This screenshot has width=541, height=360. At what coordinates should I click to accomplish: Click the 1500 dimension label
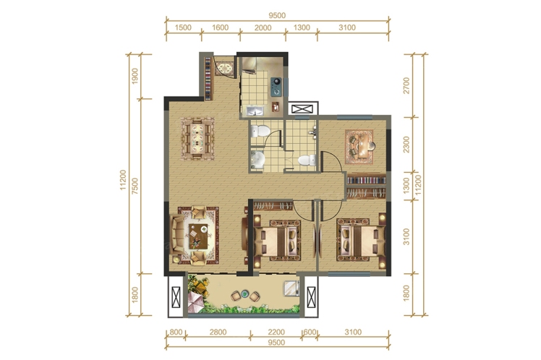(x=183, y=27)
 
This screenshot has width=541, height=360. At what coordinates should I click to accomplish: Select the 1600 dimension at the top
(x=220, y=27)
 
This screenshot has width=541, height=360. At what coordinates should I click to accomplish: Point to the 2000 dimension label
(x=263, y=27)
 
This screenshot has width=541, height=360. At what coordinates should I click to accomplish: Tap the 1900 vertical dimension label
(x=135, y=76)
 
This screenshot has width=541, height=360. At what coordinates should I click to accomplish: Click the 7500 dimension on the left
(x=135, y=186)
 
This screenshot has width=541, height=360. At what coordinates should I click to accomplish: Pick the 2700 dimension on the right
(x=406, y=85)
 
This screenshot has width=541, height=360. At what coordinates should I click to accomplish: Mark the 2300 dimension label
(x=406, y=145)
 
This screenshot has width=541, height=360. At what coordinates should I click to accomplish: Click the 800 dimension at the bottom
(x=176, y=332)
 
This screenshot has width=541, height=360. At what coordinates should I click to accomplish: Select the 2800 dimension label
(x=218, y=332)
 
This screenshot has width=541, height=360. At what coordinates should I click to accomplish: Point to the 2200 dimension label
(x=276, y=332)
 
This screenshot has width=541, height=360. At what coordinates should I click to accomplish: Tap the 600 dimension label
(x=310, y=332)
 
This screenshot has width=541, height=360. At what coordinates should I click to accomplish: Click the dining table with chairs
(x=197, y=139)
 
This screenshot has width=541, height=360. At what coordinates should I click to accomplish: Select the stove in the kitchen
(x=276, y=87)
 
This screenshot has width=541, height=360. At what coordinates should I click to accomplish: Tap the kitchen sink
(x=255, y=111)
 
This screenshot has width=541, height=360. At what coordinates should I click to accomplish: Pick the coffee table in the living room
(x=198, y=236)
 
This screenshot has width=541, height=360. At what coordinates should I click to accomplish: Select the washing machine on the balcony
(x=291, y=288)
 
